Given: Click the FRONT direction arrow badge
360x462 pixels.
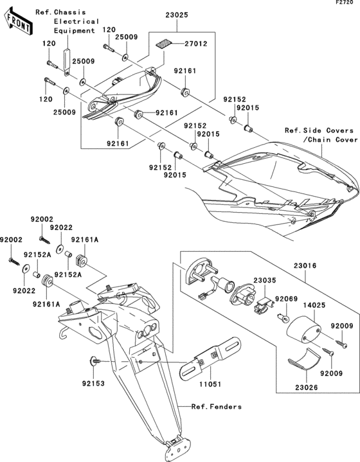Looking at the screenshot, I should [x=19, y=24].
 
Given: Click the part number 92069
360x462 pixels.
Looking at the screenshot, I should [x=286, y=299].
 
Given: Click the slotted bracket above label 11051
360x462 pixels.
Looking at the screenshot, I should [x=210, y=360].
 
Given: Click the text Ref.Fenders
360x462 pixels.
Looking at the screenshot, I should [x=217, y=407].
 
